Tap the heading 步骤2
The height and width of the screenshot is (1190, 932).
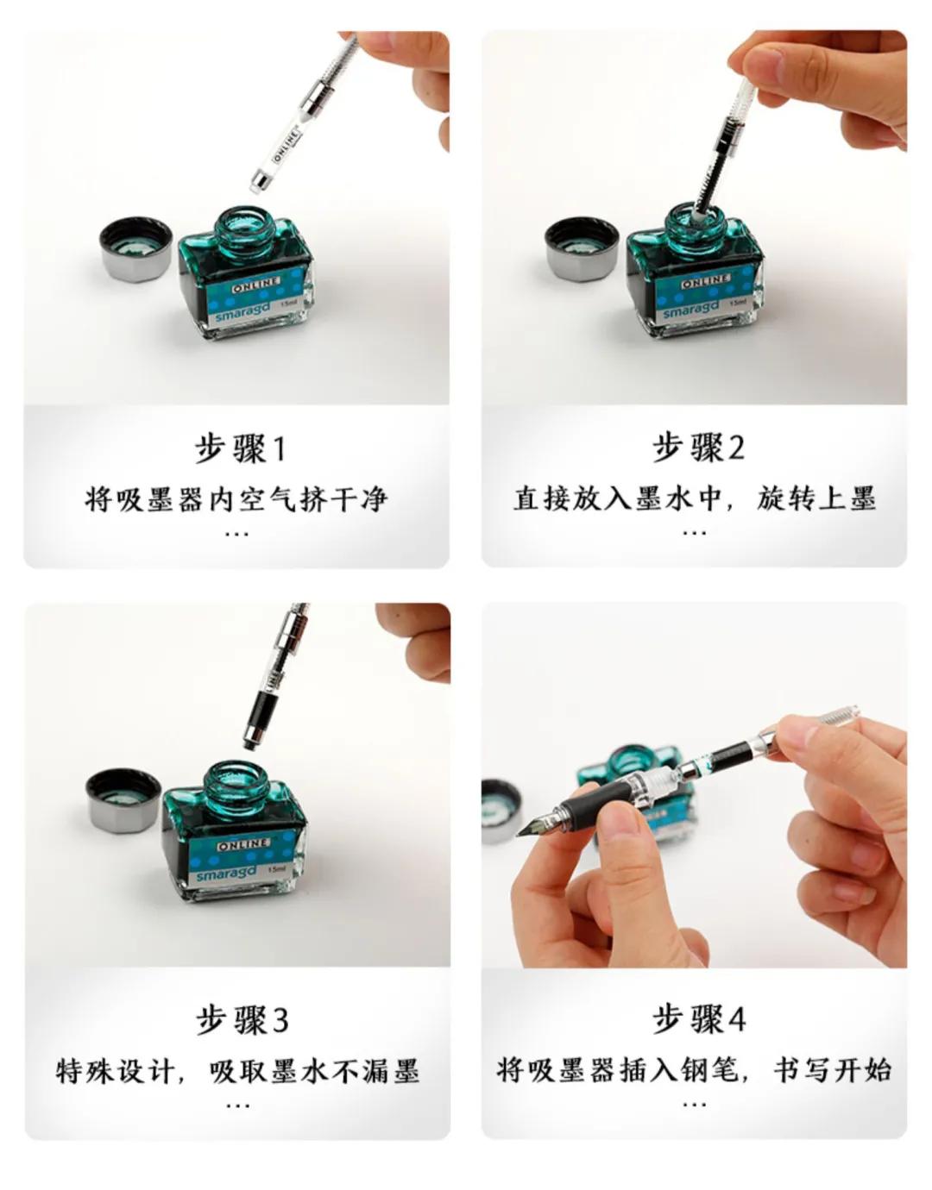tap(697, 448)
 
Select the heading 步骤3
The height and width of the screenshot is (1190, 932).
tap(241, 1020)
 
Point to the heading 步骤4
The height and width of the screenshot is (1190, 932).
tap(698, 1019)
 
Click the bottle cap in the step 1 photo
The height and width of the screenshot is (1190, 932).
tap(135, 248)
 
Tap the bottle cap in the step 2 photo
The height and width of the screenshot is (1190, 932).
tap(582, 248)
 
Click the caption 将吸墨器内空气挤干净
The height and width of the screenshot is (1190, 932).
tap(236, 499)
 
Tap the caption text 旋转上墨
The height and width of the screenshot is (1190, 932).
tap(816, 498)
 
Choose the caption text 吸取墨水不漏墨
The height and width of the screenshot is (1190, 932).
tap(314, 1071)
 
